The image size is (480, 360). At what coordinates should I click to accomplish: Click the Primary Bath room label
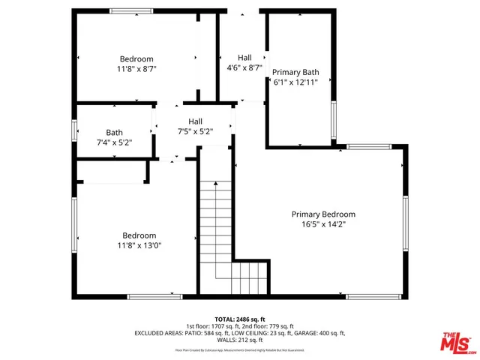(x=295, y=73)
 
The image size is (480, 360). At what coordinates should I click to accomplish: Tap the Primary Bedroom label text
(x=323, y=214)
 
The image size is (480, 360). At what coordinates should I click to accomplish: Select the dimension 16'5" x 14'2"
(x=323, y=223)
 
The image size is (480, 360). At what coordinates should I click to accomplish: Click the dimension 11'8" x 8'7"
(x=136, y=68)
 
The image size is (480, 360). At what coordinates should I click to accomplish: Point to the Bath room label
(x=114, y=132)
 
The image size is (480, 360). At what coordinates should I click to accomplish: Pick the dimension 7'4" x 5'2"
(x=114, y=142)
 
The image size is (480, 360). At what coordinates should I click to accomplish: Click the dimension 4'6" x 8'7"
(x=244, y=67)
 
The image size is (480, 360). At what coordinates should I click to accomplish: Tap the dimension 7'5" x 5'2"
(x=195, y=131)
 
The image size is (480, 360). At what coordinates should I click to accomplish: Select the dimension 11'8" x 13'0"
(x=139, y=244)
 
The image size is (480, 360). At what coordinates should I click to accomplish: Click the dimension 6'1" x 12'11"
(x=295, y=82)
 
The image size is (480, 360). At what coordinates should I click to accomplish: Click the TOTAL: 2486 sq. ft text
(x=239, y=319)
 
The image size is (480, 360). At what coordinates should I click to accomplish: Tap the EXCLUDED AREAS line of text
(x=239, y=333)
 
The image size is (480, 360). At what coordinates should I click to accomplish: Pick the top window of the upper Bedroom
(x=132, y=10)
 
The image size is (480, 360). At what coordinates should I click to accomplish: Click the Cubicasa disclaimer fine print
(x=239, y=349)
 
